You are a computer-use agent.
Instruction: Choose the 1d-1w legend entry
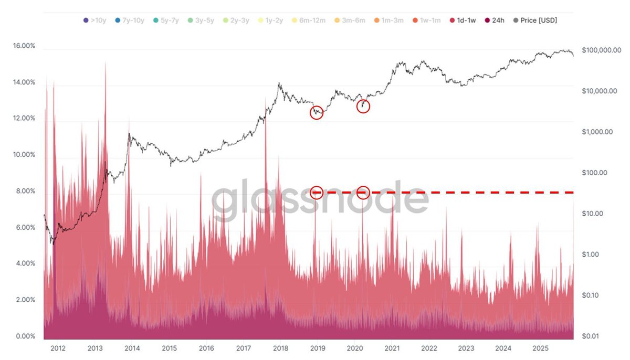pos(463,20)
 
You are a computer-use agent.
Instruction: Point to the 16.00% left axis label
pos(24,46)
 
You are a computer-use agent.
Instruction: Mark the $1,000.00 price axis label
pos(597,132)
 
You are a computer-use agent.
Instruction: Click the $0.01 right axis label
pos(592,336)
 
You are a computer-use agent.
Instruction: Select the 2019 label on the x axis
pos(317,348)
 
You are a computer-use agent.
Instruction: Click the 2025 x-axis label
pos(540,348)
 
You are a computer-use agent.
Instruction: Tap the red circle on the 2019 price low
pos(317,112)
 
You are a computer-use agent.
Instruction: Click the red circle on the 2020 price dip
pos(363,106)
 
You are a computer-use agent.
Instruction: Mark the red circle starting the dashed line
pos(317,193)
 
